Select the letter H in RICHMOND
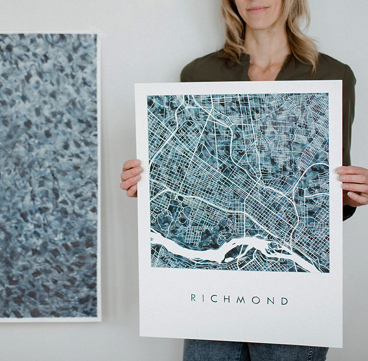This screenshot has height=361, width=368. click(x=226, y=299)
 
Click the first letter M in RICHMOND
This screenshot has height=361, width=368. click(x=241, y=300)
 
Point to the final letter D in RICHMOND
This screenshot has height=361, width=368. click(x=284, y=301)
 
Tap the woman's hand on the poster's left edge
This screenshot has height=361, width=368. click(x=131, y=177)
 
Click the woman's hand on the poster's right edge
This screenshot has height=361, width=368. click(x=353, y=185)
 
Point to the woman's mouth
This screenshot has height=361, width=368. click(x=258, y=9)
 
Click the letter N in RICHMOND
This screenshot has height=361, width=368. click(x=270, y=301)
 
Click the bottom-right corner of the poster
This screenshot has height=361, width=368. click(x=342, y=346)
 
